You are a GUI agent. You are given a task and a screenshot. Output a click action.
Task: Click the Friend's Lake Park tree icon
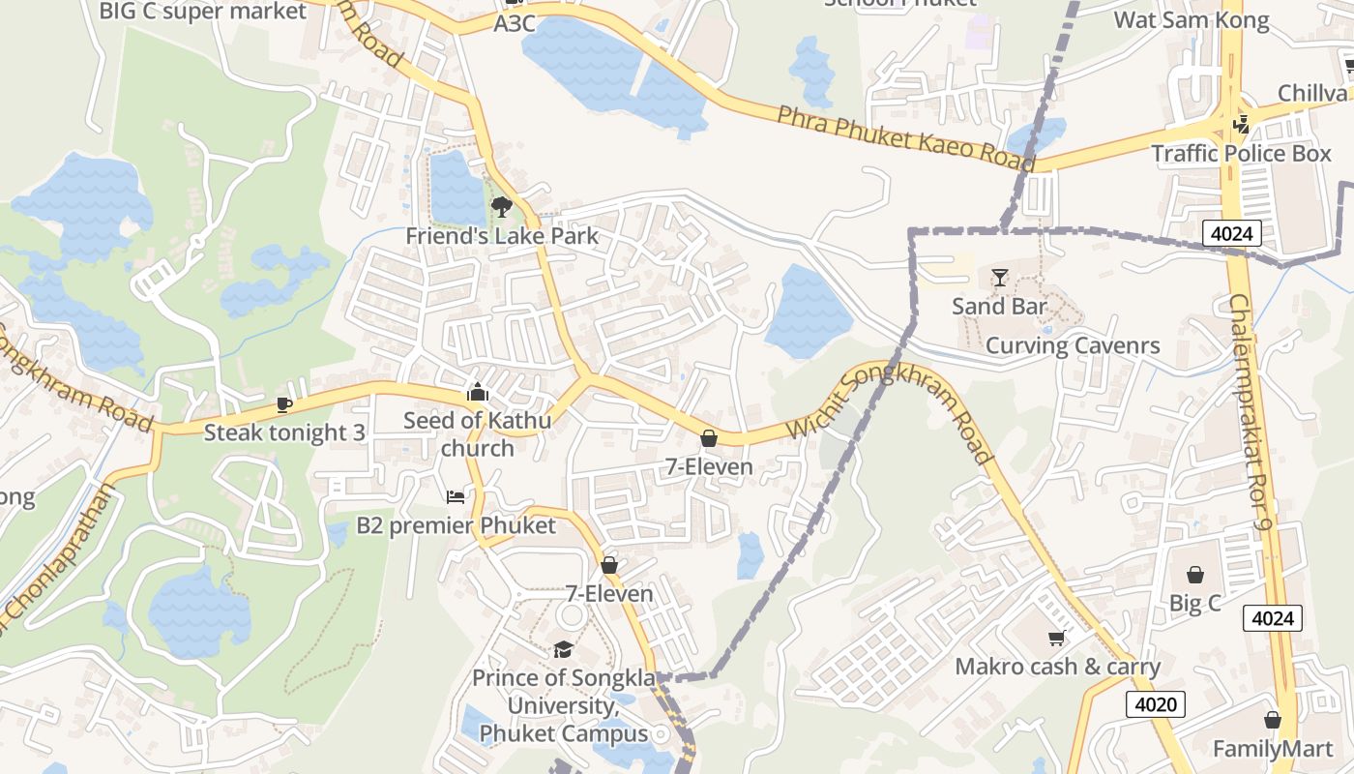[x=501, y=206]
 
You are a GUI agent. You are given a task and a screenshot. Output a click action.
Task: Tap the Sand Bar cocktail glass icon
[x=1000, y=278]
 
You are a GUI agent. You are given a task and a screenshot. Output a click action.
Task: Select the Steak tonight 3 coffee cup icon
[x=283, y=404]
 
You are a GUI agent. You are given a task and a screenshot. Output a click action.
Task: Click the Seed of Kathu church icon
[x=477, y=392]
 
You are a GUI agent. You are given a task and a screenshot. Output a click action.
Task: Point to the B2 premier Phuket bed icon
[x=456, y=497]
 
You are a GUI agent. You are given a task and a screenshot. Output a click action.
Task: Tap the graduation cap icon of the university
[x=563, y=649]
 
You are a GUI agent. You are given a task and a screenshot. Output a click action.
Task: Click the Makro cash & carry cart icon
[x=1057, y=639]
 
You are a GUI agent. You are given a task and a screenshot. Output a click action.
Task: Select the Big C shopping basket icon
[x=1195, y=575]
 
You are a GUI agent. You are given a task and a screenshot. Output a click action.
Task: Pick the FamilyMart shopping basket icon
[x=1273, y=720]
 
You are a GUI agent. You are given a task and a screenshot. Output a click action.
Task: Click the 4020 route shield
[x=1155, y=703]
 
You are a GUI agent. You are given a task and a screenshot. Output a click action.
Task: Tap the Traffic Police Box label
[x=1241, y=154]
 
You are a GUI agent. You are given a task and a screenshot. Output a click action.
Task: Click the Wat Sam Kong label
[x=1192, y=20]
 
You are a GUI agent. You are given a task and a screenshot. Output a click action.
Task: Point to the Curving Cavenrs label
[x=1073, y=345]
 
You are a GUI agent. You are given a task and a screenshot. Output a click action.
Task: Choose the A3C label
[x=515, y=24]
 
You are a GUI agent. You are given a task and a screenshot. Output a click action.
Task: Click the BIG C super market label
[x=203, y=12]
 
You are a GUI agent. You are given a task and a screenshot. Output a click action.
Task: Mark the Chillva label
[x=1312, y=93]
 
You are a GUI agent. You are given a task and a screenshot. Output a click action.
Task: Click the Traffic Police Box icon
[x=1242, y=124]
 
